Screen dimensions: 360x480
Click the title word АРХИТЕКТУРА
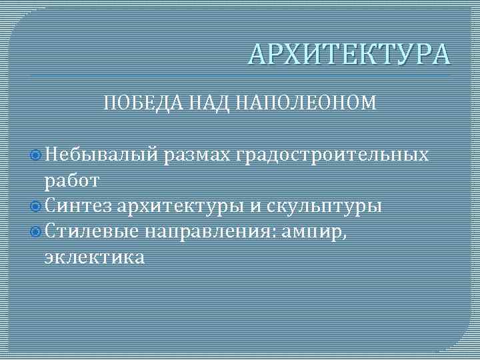[349, 54]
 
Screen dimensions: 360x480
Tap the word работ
[72, 180]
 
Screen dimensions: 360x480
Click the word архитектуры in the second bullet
[182, 205]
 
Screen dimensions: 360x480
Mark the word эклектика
[94, 257]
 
